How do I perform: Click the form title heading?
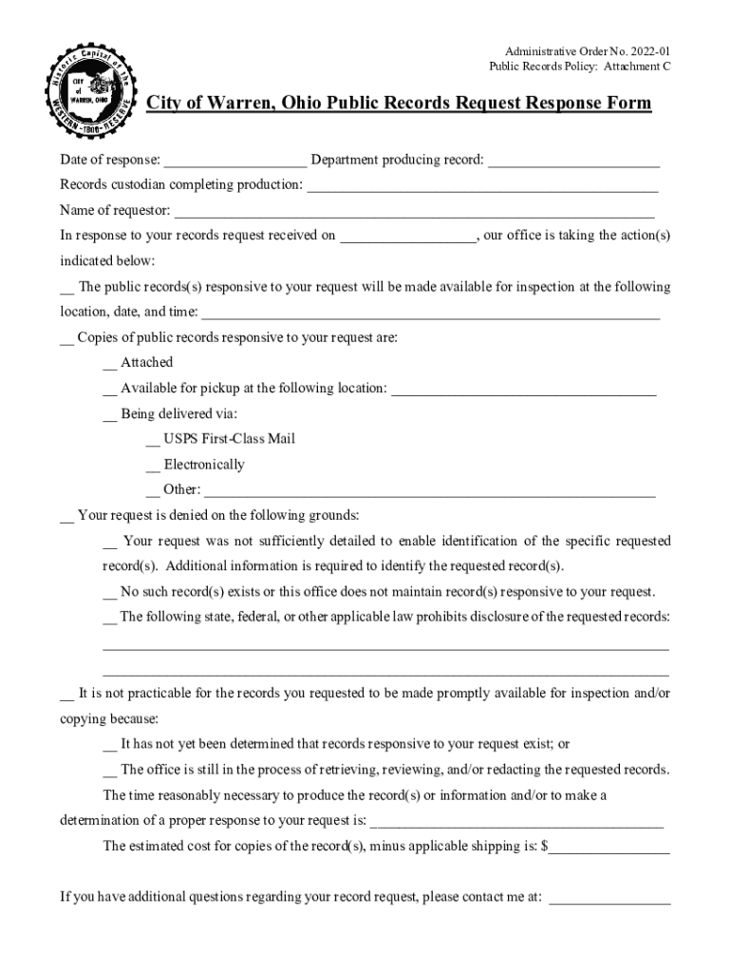pos(399,103)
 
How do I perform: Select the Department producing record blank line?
pos(573,160)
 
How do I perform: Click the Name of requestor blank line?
pos(415,211)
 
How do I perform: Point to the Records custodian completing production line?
pos(482,185)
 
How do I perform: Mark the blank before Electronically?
pos(153,466)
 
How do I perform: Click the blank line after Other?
pos(429,491)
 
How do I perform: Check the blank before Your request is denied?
pos(66,517)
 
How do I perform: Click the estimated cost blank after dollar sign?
pos(609,848)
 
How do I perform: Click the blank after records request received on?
pos(408,237)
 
